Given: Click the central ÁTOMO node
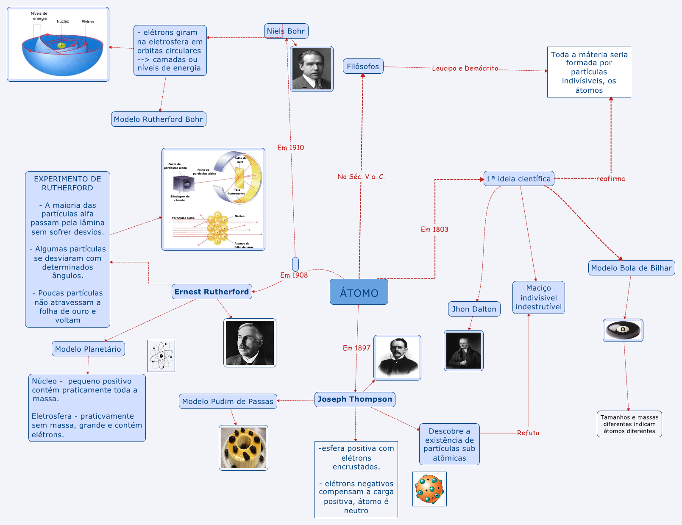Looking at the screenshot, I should pyautogui.click(x=359, y=292).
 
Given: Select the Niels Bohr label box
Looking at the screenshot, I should pyautogui.click(x=286, y=31).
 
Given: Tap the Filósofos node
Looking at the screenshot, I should pyautogui.click(x=363, y=66).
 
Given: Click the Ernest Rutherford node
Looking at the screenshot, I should pyautogui.click(x=212, y=292).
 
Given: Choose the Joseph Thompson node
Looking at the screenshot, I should pyautogui.click(x=355, y=399).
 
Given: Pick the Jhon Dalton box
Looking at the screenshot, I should pyautogui.click(x=474, y=309).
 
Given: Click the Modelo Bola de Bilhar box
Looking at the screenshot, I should pyautogui.click(x=631, y=268).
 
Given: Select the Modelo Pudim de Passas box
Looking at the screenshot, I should pyautogui.click(x=228, y=401).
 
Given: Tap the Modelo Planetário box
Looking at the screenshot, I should pyautogui.click(x=88, y=349).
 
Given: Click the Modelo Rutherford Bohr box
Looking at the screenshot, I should pyautogui.click(x=159, y=119).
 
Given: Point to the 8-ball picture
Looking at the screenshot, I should pyautogui.click(x=623, y=330).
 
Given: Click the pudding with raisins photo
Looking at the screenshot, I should pyautogui.click(x=243, y=448).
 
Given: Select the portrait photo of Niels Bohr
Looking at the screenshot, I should pyautogui.click(x=312, y=69).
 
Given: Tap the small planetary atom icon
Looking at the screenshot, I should pyautogui.click(x=161, y=356).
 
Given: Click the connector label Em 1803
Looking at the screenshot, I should pyautogui.click(x=434, y=229).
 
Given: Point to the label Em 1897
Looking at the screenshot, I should pyautogui.click(x=356, y=348).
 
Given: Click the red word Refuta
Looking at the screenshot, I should pyautogui.click(x=528, y=433).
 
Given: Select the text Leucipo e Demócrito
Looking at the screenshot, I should pyautogui.click(x=465, y=68).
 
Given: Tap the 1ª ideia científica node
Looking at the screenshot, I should pyautogui.click(x=519, y=178).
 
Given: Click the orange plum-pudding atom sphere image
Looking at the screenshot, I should pyautogui.click(x=429, y=489).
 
